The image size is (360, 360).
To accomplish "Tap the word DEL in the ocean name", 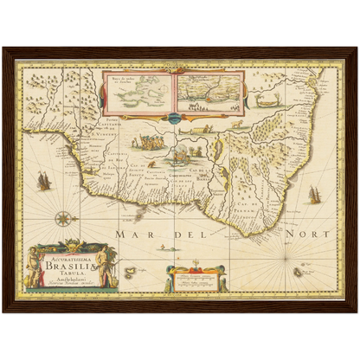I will pyautogui.click(x=215, y=233).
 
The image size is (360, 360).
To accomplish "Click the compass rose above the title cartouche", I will pyautogui.click(x=64, y=218).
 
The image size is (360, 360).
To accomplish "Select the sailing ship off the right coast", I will pyautogui.click(x=313, y=194).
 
